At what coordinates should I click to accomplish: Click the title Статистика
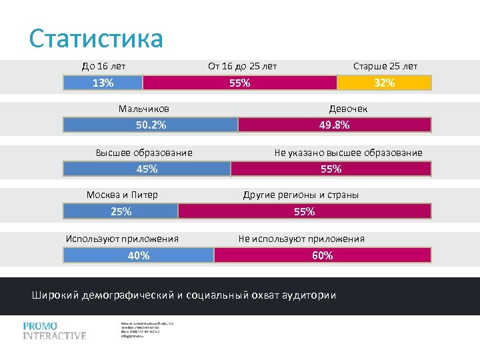[96, 39]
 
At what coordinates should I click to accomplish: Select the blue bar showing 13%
[103, 83]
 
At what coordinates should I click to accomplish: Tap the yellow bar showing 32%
[385, 83]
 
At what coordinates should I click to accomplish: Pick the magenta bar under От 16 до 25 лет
[240, 83]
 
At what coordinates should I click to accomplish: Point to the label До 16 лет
[103, 66]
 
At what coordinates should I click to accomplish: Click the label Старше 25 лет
[385, 66]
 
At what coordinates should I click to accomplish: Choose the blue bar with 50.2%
[151, 125]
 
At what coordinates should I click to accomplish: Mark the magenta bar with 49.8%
[335, 125]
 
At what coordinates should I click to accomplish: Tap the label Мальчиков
[143, 109]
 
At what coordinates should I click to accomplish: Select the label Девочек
[348, 109]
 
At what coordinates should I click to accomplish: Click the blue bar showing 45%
[147, 169]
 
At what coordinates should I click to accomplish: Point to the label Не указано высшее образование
[348, 153]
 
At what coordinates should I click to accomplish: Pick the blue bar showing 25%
[121, 211]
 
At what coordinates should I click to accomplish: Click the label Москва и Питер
[122, 195]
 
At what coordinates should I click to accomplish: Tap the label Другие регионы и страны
[301, 195]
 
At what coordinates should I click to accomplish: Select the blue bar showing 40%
[139, 255]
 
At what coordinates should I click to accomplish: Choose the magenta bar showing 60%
[322, 255]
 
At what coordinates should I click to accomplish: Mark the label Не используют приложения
[301, 239]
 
